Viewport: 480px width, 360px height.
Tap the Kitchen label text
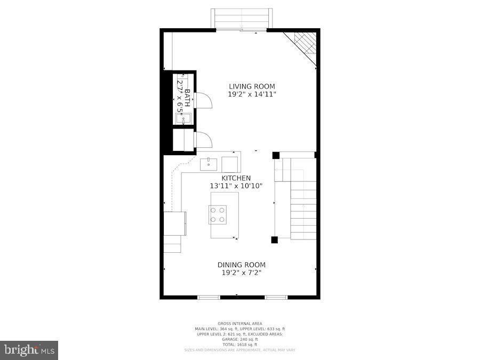click(x=236, y=178)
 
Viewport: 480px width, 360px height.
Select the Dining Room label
click(x=241, y=265)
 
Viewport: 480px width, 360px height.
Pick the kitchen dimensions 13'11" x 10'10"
click(x=236, y=186)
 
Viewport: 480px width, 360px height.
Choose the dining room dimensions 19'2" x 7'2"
click(x=241, y=273)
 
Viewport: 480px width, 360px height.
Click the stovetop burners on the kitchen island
click(x=218, y=214)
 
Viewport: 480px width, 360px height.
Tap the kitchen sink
click(x=208, y=163)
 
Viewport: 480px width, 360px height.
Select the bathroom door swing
click(x=203, y=100)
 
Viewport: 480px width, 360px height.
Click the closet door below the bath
click(x=203, y=140)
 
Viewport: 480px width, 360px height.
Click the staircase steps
click(x=303, y=208)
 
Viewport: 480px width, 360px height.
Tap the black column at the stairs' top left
click(x=276, y=155)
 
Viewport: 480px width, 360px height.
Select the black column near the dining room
click(x=274, y=239)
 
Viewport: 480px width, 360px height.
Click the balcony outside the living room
click(x=242, y=18)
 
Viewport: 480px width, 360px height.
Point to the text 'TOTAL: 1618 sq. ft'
click(x=239, y=344)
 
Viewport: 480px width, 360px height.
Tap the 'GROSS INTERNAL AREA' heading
click(x=239, y=324)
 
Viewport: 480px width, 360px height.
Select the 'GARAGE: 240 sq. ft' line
click(x=239, y=339)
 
